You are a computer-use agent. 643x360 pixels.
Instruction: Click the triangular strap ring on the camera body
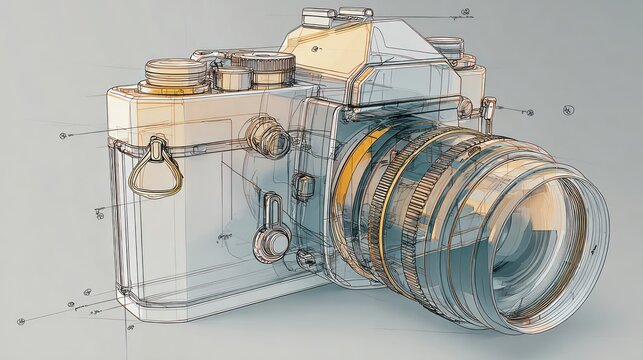pos(160,170)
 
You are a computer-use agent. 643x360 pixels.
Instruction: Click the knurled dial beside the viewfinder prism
pos(263,67)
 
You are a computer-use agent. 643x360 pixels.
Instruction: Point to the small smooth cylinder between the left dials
pos(232,77)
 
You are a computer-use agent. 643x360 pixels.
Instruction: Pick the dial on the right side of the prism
pos(446,47)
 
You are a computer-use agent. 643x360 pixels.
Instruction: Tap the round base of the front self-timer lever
pos(271,240)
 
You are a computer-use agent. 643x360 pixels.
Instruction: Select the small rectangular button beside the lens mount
pos(301,185)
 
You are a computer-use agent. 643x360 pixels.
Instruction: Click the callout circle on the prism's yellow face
pos(316,48)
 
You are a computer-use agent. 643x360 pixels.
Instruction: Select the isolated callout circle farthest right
pos(569,109)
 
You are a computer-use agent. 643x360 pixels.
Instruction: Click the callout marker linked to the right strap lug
pos(528,110)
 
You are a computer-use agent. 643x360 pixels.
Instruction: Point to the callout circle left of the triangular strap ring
pos(63,135)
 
